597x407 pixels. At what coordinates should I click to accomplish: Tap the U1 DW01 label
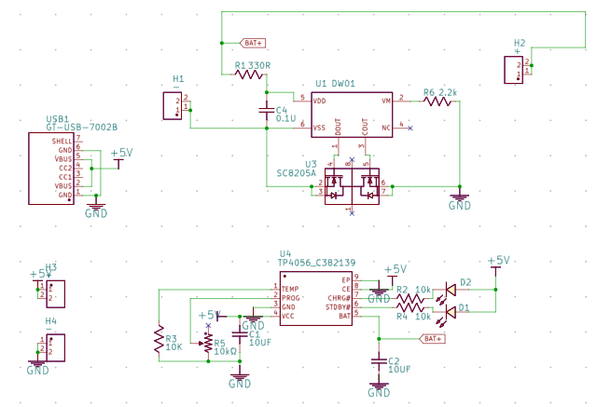[x=336, y=84]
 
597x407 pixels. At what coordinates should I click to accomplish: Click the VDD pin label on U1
[x=319, y=100]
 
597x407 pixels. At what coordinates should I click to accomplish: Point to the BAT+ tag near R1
[x=253, y=43]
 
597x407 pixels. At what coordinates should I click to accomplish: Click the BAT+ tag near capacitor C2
[x=432, y=338]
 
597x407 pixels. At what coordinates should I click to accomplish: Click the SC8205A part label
[x=297, y=173]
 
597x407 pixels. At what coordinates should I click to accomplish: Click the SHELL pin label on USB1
[x=63, y=140]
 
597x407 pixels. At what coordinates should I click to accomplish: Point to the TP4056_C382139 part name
[x=318, y=264]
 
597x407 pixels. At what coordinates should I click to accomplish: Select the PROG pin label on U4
[x=292, y=298]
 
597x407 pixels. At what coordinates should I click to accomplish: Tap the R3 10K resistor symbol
[x=160, y=339]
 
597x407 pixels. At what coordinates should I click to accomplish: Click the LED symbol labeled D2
[x=451, y=289]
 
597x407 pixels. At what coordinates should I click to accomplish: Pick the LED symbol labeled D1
[x=451, y=312]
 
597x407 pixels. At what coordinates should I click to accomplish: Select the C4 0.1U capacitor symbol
[x=267, y=114]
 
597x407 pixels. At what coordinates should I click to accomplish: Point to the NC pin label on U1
[x=384, y=127]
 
